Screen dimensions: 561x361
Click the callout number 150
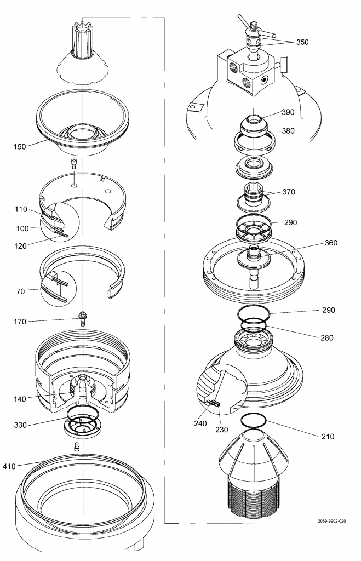[x=21, y=146]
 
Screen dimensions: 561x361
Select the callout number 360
[x=317, y=242]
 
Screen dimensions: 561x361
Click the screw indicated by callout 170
[x=83, y=318]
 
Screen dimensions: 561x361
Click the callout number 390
[x=288, y=112]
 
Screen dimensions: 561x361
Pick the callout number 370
[x=289, y=192]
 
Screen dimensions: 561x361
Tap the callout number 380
[x=288, y=131]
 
